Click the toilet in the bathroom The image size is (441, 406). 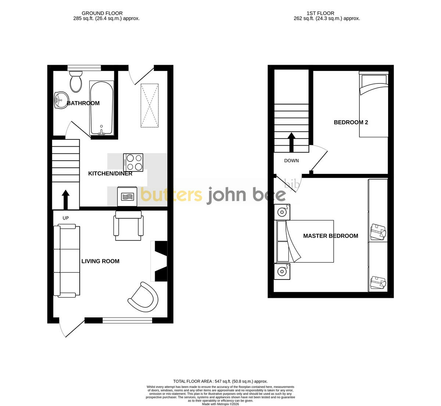tap(76, 82)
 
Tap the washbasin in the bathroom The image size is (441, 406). tap(61, 100)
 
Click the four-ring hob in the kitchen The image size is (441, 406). tap(133, 163)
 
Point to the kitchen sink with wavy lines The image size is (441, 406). tap(127, 196)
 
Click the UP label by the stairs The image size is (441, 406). tap(66, 218)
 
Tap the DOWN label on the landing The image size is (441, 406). tap(291, 161)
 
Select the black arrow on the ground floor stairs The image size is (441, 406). tap(65, 200)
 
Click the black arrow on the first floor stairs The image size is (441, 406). tap(291, 142)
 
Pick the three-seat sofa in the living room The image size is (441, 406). tap(67, 261)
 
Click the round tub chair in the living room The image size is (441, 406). tap(143, 297)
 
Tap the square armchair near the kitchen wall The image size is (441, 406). tap(128, 225)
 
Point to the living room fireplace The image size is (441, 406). tap(159, 261)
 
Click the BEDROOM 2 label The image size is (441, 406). tap(351, 122)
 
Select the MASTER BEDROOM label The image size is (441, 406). tap(331, 236)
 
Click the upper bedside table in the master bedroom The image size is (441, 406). tap(282, 212)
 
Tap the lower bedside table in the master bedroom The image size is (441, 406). tap(282, 271)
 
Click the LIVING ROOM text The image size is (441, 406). tap(100, 261)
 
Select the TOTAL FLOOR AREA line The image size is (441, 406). tap(220, 381)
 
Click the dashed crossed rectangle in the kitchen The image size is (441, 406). tap(150, 106)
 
